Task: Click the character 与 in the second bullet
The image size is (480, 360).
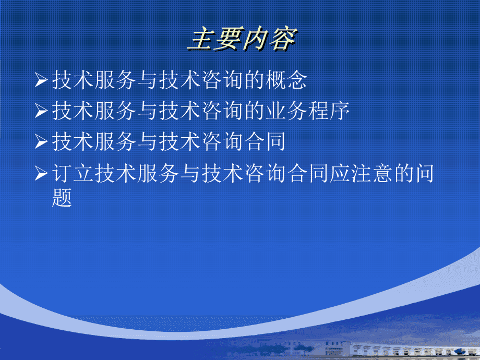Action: click(148, 111)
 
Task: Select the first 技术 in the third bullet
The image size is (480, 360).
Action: click(73, 141)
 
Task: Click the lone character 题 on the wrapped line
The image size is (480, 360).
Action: click(62, 198)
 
